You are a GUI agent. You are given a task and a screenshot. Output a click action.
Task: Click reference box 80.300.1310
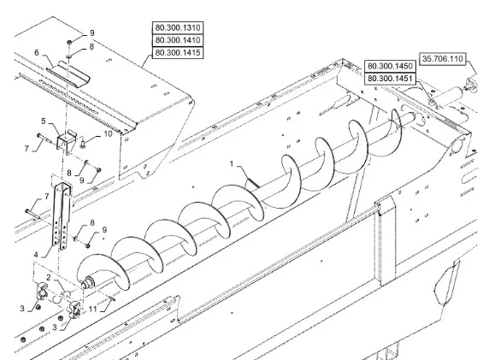(178, 27)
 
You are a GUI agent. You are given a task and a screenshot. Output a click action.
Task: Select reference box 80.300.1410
(178, 40)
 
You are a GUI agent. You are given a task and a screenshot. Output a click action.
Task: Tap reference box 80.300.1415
(178, 52)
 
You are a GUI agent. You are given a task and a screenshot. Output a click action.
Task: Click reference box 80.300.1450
(390, 66)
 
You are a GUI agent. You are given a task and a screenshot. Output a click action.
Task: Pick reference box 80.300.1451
(390, 79)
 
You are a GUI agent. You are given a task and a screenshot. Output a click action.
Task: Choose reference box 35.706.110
(443, 59)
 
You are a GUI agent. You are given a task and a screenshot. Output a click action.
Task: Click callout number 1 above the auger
(232, 164)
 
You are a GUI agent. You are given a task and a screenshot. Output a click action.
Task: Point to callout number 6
(37, 52)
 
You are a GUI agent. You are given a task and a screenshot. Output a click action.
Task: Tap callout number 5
(44, 121)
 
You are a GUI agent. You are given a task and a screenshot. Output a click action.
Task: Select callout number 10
(108, 134)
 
